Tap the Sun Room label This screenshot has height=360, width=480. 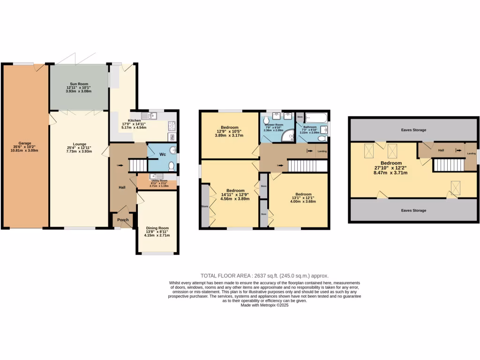tap(78, 83)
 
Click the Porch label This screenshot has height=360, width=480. tap(123, 220)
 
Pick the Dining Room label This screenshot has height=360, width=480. tap(157, 228)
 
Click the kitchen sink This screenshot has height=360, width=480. tap(151, 115)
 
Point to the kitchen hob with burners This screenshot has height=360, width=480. tap(172, 125)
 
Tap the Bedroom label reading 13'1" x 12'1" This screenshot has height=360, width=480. tap(303, 194)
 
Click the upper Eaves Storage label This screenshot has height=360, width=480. tap(413, 130)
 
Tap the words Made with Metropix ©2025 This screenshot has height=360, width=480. tap(264, 305)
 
